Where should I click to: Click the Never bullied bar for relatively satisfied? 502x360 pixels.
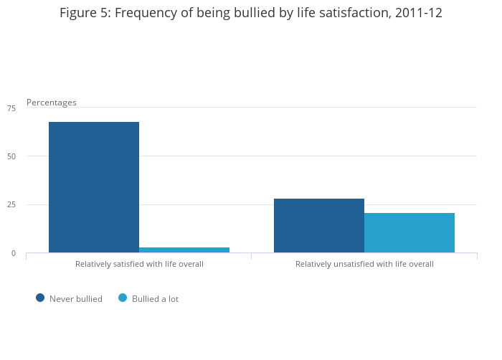[94, 187]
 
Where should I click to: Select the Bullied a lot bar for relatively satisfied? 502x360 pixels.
[184, 250]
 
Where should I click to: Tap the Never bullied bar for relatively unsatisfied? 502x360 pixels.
[319, 225]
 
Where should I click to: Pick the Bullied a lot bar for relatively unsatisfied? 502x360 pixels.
[409, 232]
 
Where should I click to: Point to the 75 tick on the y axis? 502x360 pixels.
[11, 108]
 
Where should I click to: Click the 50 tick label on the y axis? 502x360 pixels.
[11, 156]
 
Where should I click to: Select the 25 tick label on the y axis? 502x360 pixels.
[11, 205]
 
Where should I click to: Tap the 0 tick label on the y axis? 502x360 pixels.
[13, 253]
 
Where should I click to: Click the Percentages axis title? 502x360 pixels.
[52, 103]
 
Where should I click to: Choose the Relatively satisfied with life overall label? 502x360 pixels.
[139, 264]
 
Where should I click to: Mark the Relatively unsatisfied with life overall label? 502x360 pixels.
[364, 264]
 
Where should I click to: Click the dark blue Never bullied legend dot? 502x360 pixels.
[40, 298]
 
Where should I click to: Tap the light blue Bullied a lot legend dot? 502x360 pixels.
[123, 298]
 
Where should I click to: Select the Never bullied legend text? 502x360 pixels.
[76, 299]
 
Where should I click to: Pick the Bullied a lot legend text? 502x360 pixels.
[155, 299]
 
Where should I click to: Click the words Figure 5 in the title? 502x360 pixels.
[82, 13]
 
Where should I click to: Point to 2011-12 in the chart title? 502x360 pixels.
[419, 13]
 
